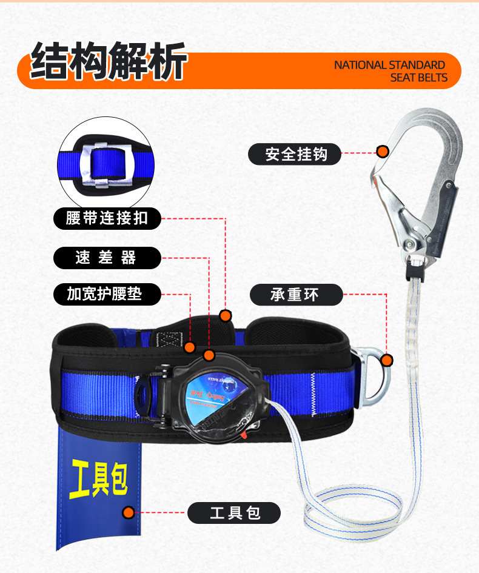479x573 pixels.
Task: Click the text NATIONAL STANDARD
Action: (x=389, y=65)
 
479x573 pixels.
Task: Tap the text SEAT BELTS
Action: (x=418, y=78)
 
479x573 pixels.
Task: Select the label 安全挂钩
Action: (x=295, y=154)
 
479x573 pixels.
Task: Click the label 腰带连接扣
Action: (x=107, y=218)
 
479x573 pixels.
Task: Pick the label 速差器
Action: (x=107, y=258)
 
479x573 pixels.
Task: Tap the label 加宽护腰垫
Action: (x=107, y=295)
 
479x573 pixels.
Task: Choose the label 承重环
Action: (x=296, y=295)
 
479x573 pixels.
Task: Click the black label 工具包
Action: (x=234, y=513)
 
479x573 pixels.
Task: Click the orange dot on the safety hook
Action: (x=383, y=152)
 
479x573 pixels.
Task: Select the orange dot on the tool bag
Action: (x=128, y=513)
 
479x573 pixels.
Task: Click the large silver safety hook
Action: (x=418, y=182)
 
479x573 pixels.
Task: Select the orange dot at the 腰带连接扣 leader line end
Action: (x=226, y=315)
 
